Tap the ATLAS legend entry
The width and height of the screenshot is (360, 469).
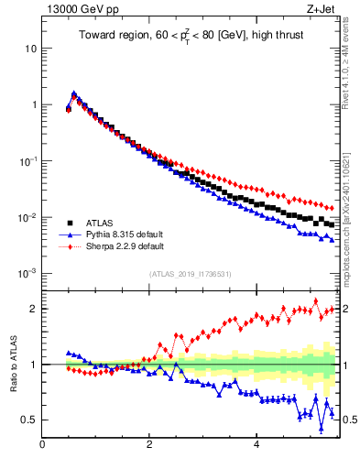[100, 223]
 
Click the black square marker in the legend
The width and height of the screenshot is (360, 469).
[70, 223]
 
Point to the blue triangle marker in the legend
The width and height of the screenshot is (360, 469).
[70, 234]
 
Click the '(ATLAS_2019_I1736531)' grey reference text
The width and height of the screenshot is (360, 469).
[190, 274]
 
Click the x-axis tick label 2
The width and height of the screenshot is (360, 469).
[148, 446]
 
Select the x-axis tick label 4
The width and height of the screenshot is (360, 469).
[256, 446]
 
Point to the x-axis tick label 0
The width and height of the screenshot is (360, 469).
[42, 446]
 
